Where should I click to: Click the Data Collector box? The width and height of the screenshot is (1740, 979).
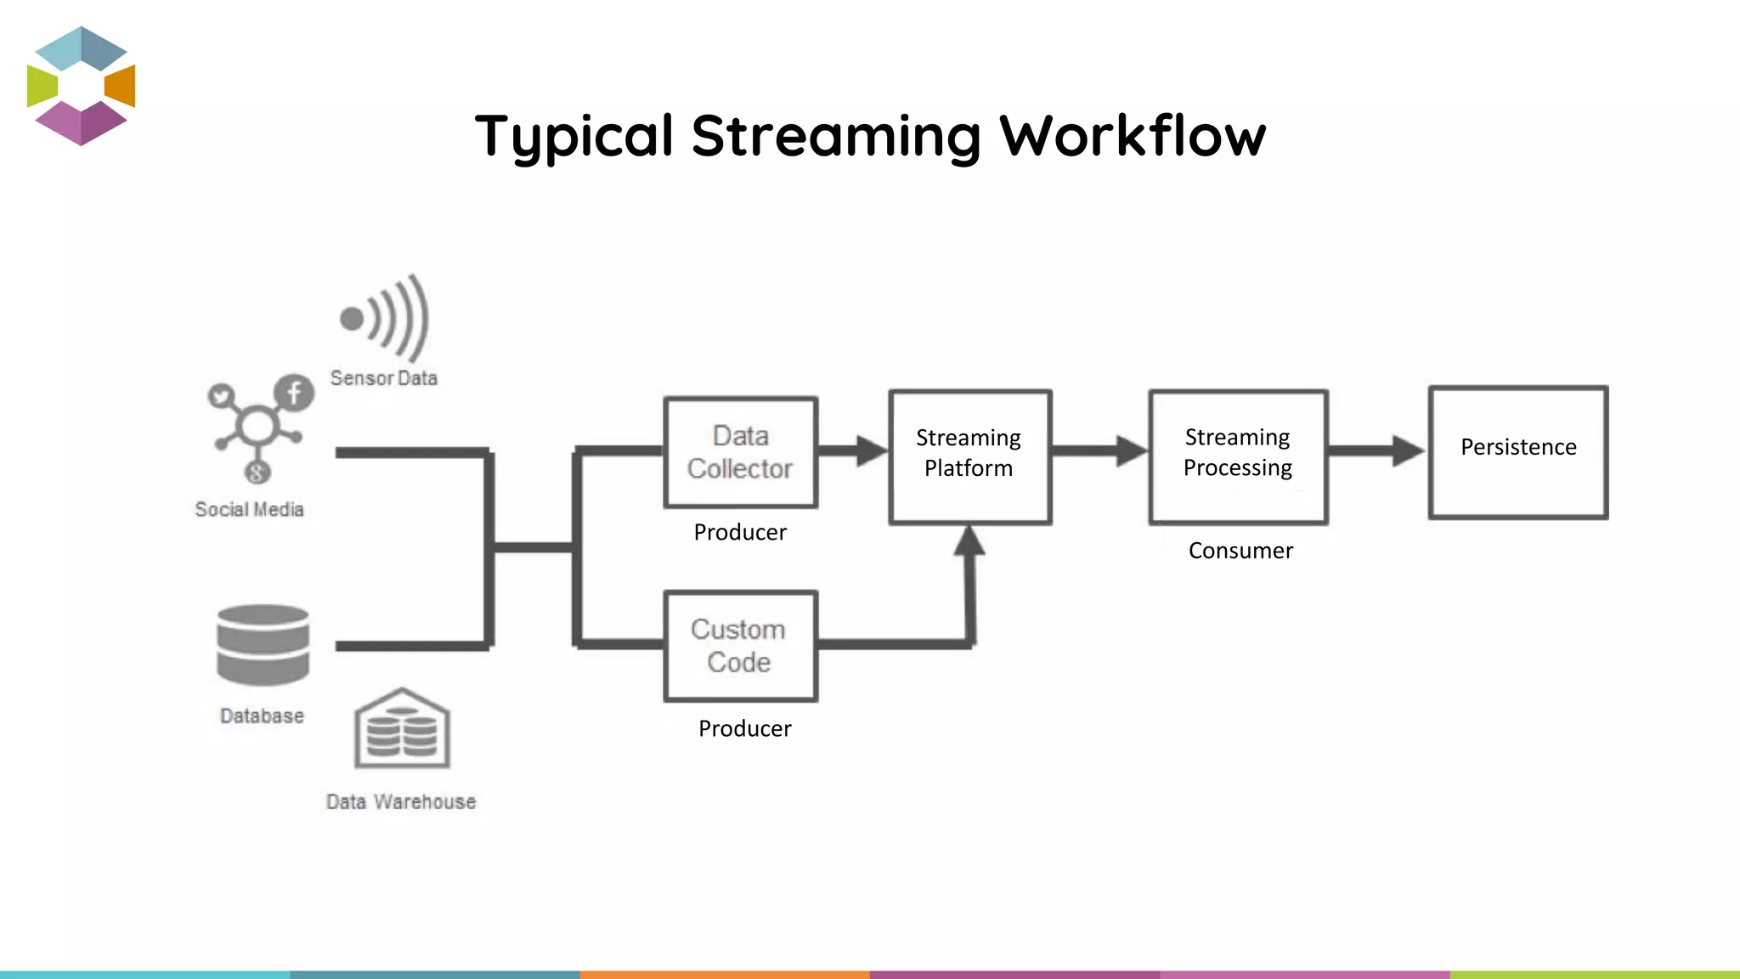click(740, 452)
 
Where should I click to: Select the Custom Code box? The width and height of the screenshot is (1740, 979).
click(740, 646)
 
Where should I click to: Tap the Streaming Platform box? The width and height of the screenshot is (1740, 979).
click(969, 456)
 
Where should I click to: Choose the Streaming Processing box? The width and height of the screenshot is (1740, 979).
click(1238, 456)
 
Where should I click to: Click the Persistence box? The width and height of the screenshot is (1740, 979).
click(1518, 451)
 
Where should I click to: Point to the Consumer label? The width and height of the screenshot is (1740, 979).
click(1240, 551)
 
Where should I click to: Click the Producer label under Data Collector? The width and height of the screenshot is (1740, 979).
click(740, 532)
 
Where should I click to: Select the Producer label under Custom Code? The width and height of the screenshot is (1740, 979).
click(744, 728)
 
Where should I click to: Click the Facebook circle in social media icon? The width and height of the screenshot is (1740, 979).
click(294, 393)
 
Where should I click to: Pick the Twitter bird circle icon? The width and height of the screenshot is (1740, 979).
click(222, 396)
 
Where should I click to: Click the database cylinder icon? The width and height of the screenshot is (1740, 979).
click(263, 645)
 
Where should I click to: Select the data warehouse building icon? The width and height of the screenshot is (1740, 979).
click(402, 728)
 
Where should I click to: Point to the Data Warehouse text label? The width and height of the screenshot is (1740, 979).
click(401, 801)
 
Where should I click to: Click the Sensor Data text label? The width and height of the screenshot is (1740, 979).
click(384, 378)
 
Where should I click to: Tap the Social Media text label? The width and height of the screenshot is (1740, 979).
click(249, 509)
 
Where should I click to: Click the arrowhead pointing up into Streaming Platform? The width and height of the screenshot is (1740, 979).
click(969, 540)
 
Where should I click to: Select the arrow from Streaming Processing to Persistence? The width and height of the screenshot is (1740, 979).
click(1376, 450)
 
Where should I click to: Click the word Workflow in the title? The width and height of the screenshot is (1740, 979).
click(1132, 136)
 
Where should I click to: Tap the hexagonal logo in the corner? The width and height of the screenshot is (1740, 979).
click(82, 86)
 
